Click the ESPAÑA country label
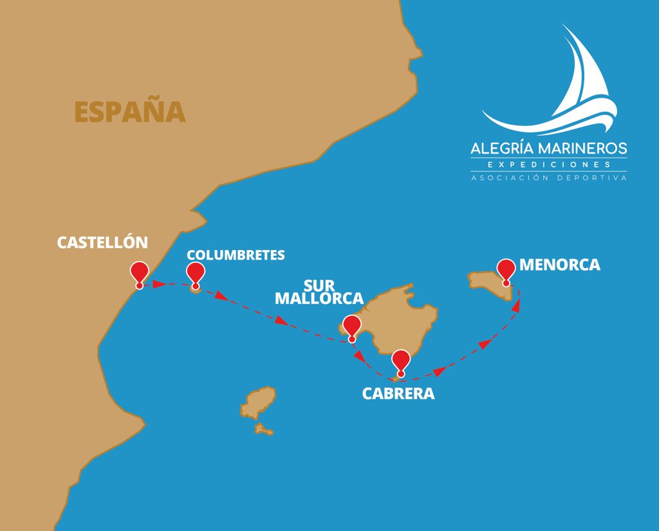coord(130,112)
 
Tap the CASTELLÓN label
coord(102,242)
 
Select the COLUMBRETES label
coord(236,255)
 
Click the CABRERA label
coord(398,393)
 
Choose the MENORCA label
coord(559,264)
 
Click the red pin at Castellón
coord(139,273)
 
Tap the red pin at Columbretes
coord(196,273)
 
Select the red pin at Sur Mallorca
coord(351,326)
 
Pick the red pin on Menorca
coord(506,269)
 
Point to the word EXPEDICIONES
coord(548,165)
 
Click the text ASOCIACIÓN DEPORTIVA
coord(548,177)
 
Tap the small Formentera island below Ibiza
coord(263,429)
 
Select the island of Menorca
coord(489,282)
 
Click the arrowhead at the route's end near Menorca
coord(517,306)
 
